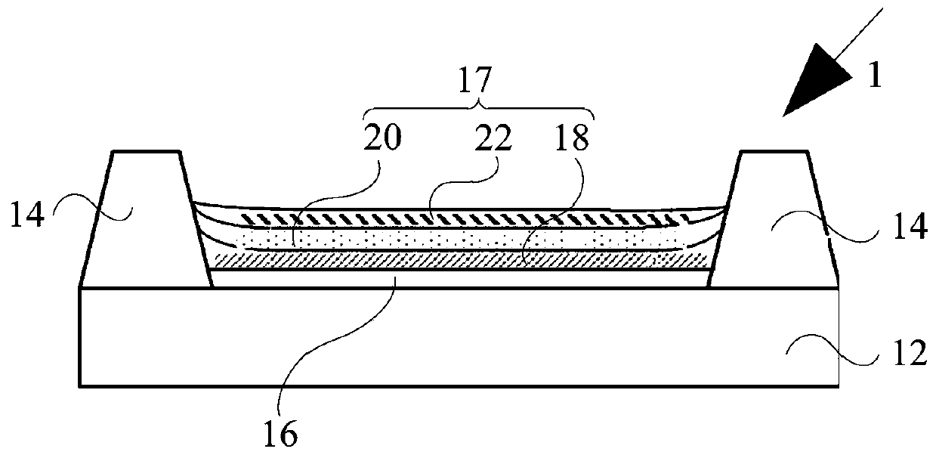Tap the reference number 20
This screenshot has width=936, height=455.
[x=382, y=138]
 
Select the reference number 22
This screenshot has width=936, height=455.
[x=493, y=138]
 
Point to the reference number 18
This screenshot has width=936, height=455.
[x=572, y=138]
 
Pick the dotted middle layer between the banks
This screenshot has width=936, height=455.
[x=453, y=240]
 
